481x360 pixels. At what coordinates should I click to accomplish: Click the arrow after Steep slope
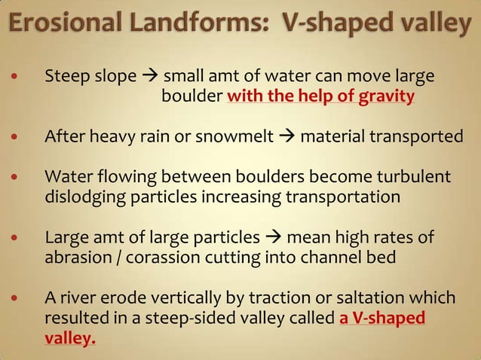click(x=150, y=77)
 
